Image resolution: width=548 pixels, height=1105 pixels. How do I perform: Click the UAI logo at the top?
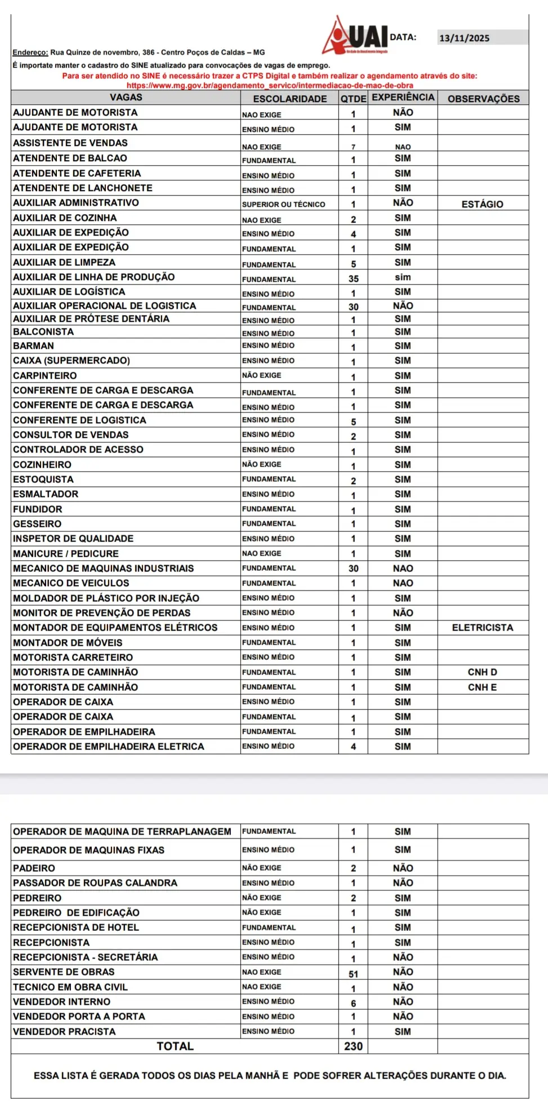point(357,36)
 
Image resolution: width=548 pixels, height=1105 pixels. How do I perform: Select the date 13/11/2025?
point(465,38)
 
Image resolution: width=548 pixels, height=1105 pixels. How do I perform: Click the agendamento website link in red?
point(270,86)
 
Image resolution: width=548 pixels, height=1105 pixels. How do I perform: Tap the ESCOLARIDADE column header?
point(289,99)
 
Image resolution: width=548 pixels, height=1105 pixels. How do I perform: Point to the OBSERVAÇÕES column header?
point(483,99)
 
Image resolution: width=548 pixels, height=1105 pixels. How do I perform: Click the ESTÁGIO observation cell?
point(482,204)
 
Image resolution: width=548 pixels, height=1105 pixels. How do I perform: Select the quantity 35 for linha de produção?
point(353,278)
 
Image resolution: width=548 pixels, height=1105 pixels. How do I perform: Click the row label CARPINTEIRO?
point(45,375)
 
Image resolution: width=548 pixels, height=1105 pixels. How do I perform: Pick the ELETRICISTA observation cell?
point(483,627)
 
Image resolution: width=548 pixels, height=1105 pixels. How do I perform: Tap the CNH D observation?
point(482,672)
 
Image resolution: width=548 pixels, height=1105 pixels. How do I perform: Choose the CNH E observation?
point(482,687)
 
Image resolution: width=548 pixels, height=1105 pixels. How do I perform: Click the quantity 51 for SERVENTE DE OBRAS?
point(353,974)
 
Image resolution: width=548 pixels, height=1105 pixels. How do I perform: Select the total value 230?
point(353,1046)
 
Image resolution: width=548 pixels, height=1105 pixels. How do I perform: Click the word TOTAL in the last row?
point(175,1046)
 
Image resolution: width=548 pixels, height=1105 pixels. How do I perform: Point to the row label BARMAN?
point(34,345)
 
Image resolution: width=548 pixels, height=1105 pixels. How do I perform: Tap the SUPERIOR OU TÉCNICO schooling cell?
point(283,204)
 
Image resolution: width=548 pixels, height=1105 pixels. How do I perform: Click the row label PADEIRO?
point(34,868)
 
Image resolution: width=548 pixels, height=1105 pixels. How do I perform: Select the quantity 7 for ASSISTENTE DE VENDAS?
point(353,147)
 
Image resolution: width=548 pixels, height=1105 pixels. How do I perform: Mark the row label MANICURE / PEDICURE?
point(66,553)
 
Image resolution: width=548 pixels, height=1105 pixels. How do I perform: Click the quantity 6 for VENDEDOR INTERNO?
point(353,1003)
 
